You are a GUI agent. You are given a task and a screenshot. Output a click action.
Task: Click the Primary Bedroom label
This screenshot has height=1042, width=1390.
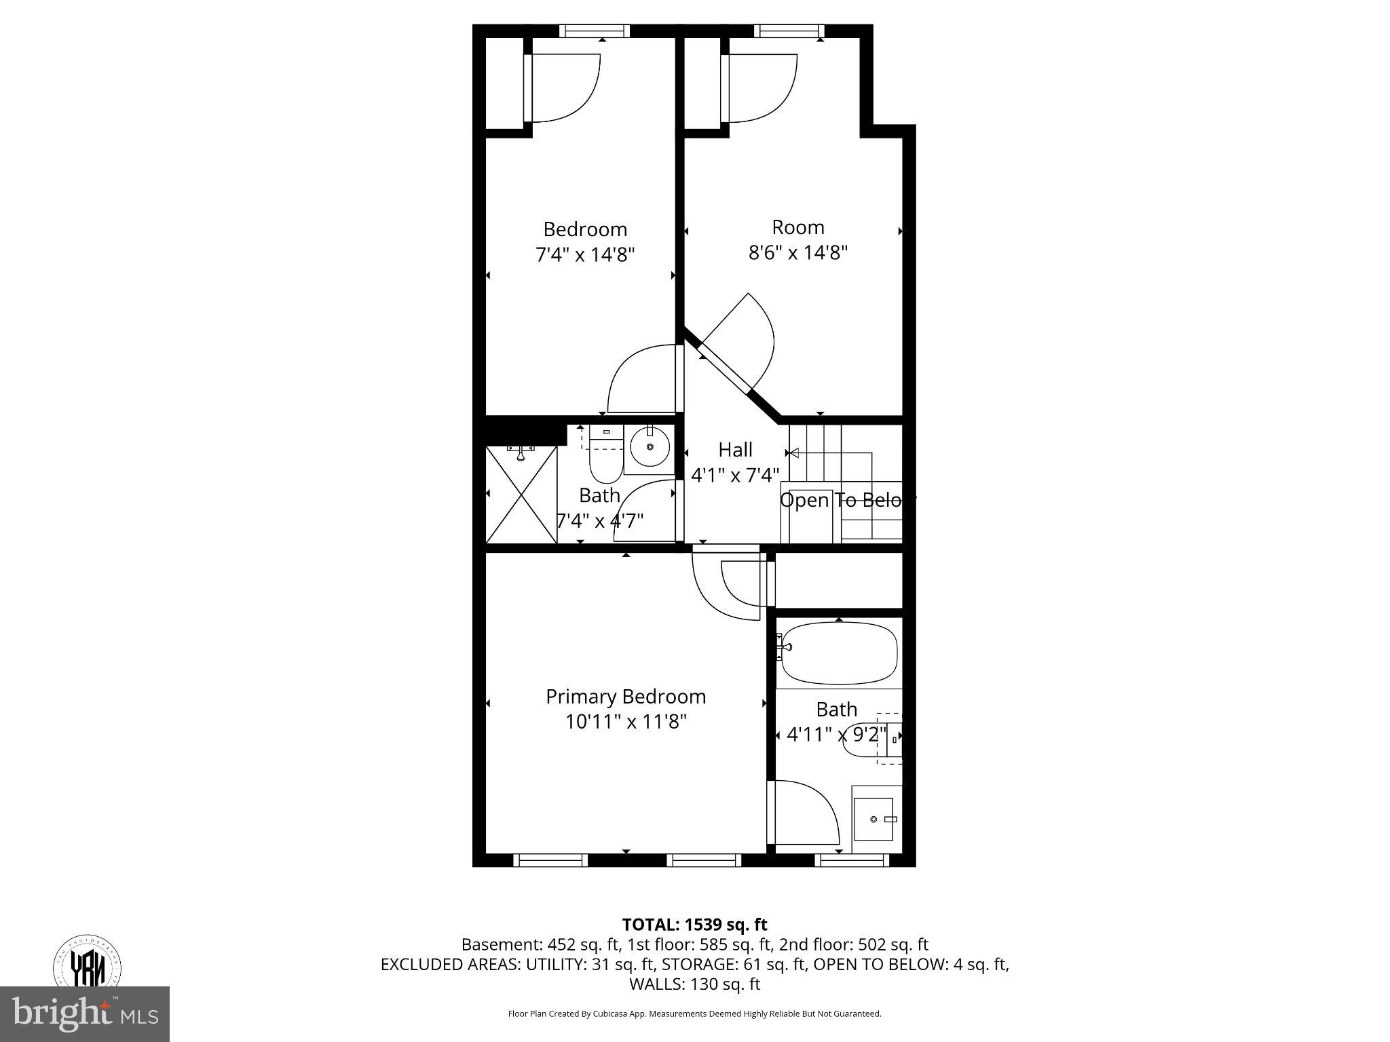point(626,697)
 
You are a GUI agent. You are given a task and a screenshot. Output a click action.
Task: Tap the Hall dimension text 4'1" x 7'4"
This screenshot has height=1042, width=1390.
point(735,475)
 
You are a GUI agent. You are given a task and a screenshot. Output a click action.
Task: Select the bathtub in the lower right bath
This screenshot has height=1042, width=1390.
point(839,653)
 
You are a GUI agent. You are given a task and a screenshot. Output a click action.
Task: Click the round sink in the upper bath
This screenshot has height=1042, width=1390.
point(650,446)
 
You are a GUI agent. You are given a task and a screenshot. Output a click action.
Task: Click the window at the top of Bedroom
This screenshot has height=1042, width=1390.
point(595,31)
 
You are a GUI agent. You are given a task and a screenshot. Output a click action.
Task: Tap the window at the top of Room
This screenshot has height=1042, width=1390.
point(789,31)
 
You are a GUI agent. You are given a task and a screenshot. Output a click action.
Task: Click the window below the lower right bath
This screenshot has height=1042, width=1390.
point(851,860)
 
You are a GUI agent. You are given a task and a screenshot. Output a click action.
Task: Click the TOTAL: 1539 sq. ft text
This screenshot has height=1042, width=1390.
point(694,925)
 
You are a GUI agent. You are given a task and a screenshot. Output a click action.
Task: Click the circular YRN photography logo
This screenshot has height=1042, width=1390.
point(88,963)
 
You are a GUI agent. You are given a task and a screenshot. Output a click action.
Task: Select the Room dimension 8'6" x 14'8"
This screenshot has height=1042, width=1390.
point(798,253)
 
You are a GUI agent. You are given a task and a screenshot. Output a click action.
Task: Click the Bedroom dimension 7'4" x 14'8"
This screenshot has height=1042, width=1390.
point(585,255)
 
